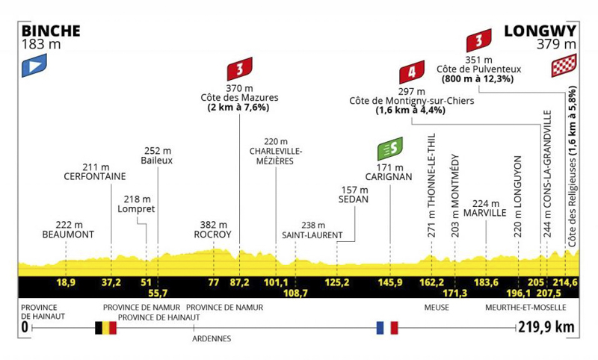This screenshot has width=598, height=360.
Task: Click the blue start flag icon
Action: pos(34,66)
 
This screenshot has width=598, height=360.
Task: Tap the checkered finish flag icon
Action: pos(564,66)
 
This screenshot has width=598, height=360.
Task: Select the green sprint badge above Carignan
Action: pos(390,149)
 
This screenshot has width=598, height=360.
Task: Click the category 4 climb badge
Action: pos(412,72)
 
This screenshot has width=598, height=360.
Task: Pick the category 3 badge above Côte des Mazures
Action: pos(240,69)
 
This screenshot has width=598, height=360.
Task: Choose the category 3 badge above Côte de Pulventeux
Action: pos(479,40)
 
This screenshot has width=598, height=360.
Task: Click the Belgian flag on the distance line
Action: pos(105,328)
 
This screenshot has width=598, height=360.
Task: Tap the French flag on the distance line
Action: pos(387,328)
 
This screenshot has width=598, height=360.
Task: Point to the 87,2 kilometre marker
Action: pos(239,282)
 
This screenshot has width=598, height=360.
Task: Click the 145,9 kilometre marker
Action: pos(390,282)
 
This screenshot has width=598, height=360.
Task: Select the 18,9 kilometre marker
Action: pos(66,282)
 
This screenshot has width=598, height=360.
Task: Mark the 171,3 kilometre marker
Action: pos(455,293)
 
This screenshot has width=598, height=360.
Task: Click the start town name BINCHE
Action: pos(51,31)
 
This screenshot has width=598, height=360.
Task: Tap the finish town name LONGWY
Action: pos(540,31)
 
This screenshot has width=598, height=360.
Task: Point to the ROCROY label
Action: pos(212,235)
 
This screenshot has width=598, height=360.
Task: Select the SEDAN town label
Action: pos(354,199)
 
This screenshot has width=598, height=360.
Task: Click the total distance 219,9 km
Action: pos(546,327)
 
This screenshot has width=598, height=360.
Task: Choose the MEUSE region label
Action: pos(437,308)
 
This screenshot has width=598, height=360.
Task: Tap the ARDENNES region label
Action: pos(212,338)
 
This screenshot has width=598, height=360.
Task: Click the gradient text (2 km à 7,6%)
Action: pos(238,108)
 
